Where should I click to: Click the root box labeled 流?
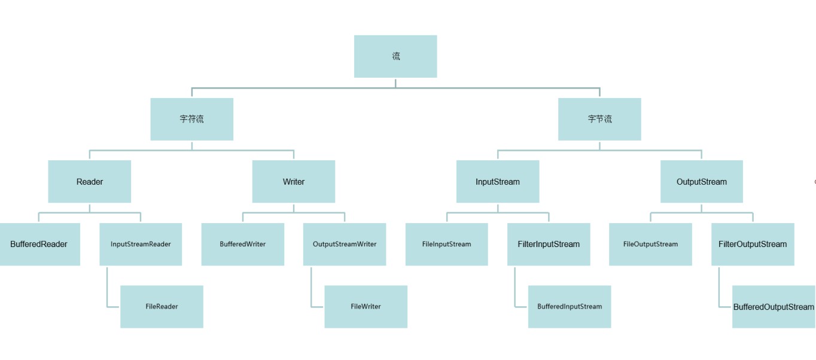[395, 56]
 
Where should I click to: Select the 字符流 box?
[192, 119]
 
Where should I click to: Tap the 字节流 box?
[599, 119]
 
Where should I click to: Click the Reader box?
[90, 182]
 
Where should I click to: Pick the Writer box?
[294, 182]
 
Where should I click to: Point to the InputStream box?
[498, 182]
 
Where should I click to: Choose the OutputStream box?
[702, 182]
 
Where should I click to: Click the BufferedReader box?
[39, 244]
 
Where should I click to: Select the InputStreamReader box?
[141, 244]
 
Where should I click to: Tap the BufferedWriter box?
[243, 244]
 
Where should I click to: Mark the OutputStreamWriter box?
[345, 244]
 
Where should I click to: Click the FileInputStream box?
[447, 244]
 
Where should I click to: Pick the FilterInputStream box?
[549, 244]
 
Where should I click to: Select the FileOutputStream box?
[651, 244]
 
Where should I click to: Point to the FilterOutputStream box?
[753, 244]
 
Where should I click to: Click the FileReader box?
[162, 307]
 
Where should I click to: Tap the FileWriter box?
[366, 307]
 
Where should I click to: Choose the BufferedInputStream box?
[570, 307]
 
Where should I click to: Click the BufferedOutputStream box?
[774, 307]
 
